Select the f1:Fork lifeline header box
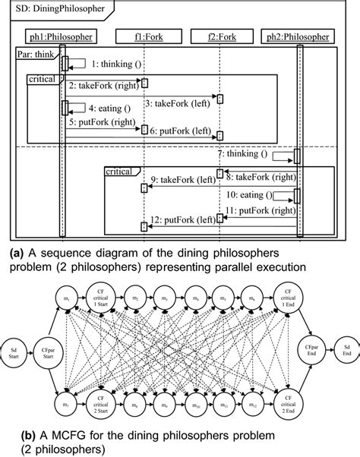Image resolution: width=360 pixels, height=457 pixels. [144, 36]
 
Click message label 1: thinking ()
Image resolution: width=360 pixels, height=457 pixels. [115, 65]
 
